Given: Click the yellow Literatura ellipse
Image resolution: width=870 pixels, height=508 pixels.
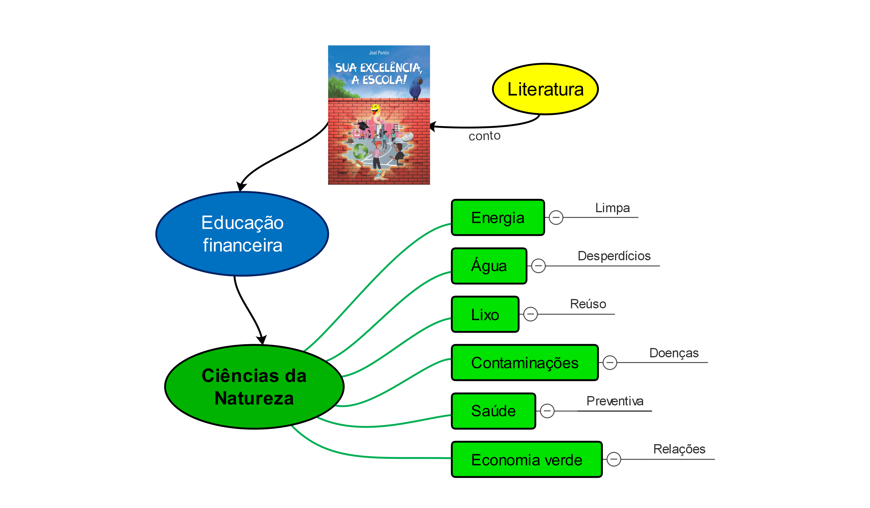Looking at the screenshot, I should pos(545,89).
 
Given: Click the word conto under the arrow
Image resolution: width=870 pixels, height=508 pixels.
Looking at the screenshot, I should pos(484,136).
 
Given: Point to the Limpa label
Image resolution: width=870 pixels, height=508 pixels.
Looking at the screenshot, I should pos(612,208).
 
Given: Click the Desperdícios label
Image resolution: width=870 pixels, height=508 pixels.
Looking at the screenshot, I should pos(614,256).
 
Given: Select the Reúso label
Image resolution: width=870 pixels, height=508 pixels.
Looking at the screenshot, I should pos(588,304).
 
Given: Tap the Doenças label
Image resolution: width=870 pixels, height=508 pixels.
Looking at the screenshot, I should pos(674,353).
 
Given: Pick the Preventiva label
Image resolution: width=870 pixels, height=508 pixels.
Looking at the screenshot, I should pos(615,401).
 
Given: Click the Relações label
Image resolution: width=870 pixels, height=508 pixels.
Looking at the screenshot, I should pos(679,449).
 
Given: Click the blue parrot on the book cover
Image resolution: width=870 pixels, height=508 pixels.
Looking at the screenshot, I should pos(416,88).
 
